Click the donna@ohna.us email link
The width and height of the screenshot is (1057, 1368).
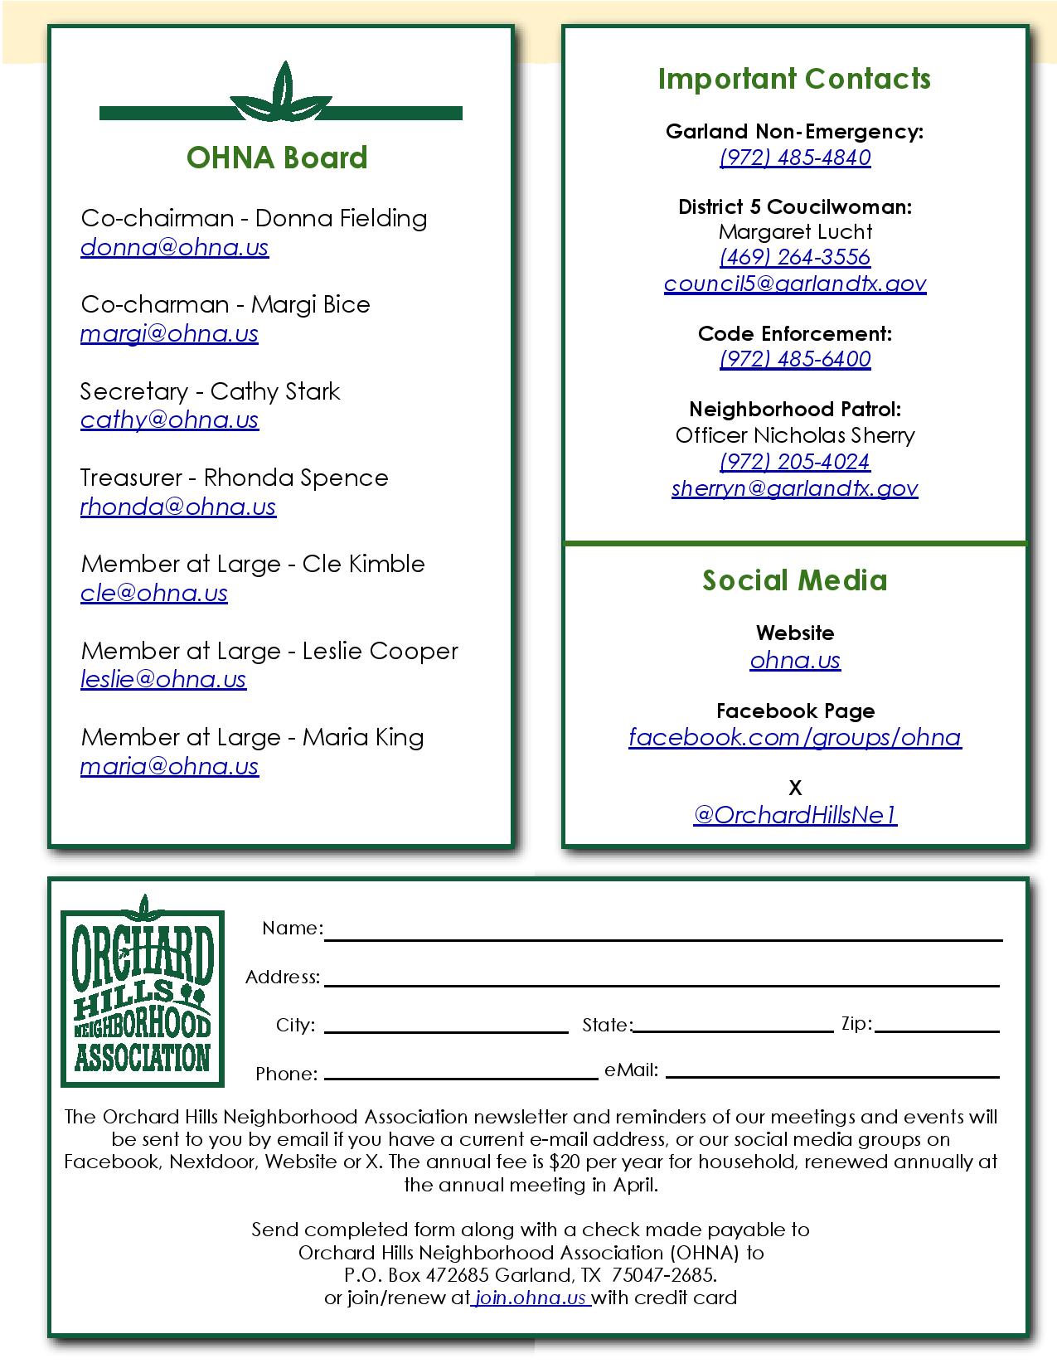click(174, 248)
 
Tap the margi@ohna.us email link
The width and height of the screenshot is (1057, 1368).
click(169, 334)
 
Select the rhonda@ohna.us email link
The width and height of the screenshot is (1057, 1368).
click(177, 507)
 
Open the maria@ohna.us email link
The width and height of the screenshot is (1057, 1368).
click(169, 767)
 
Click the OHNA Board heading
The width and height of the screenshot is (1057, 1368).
click(277, 158)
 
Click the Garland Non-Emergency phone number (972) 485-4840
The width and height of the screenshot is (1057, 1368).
click(795, 158)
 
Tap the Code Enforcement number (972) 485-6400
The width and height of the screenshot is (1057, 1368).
click(795, 359)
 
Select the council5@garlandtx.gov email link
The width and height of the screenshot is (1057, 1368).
click(795, 284)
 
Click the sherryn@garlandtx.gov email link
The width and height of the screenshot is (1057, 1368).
click(795, 488)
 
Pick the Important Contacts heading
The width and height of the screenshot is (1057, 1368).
click(794, 79)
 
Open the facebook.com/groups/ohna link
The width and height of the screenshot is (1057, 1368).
click(795, 737)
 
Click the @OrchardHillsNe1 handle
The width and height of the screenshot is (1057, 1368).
click(795, 816)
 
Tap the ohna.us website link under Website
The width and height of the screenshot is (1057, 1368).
click(795, 660)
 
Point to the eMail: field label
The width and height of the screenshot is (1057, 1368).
click(631, 1070)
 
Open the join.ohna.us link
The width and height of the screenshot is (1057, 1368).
click(531, 1298)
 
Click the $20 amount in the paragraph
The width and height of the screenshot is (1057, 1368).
click(564, 1162)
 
